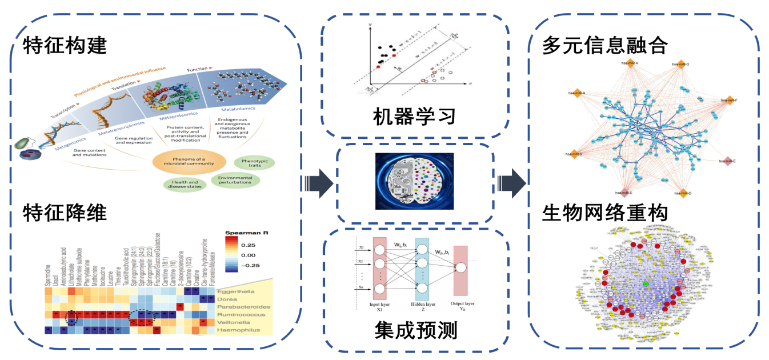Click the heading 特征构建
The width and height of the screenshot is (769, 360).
tap(65, 45)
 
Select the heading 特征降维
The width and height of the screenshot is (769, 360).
tap(65, 213)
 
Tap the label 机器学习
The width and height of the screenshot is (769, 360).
tap(414, 117)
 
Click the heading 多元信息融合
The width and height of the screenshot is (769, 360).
tap(605, 45)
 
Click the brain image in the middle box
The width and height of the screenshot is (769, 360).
tap(414, 181)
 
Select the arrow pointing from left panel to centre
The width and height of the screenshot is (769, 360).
tap(318, 183)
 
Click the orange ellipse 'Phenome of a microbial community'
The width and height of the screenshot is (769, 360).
tap(188, 163)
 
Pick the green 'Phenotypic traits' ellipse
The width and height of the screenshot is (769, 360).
tap(254, 162)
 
